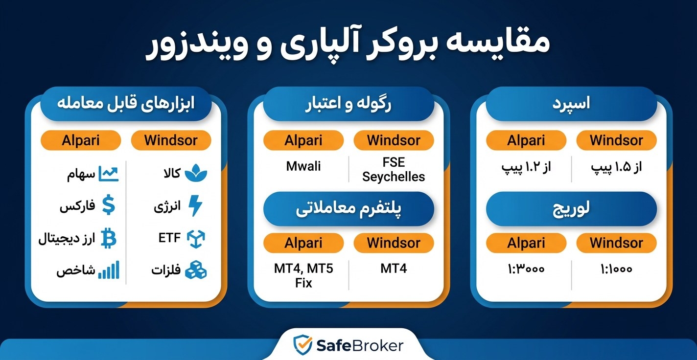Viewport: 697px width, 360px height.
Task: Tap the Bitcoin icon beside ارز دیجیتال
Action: point(109,238)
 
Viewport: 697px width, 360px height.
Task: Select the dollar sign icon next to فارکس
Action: point(109,205)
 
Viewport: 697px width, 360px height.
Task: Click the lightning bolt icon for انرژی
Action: point(195,206)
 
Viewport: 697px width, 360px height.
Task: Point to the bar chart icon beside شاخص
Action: point(109,270)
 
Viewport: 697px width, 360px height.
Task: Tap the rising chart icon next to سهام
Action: point(109,174)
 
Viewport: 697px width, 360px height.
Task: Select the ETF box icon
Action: point(196,238)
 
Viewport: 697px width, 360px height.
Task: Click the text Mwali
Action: point(303,166)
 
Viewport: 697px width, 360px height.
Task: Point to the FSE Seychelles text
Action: point(394,169)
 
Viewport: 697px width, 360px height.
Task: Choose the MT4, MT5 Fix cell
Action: point(303,275)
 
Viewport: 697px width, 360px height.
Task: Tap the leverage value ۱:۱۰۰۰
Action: point(615,269)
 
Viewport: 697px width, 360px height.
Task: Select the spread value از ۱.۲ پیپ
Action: point(526,167)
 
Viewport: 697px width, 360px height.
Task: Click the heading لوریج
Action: point(571,208)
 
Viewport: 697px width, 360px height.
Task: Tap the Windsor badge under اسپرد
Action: point(616,140)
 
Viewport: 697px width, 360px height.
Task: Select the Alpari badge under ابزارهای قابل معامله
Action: point(81,140)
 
